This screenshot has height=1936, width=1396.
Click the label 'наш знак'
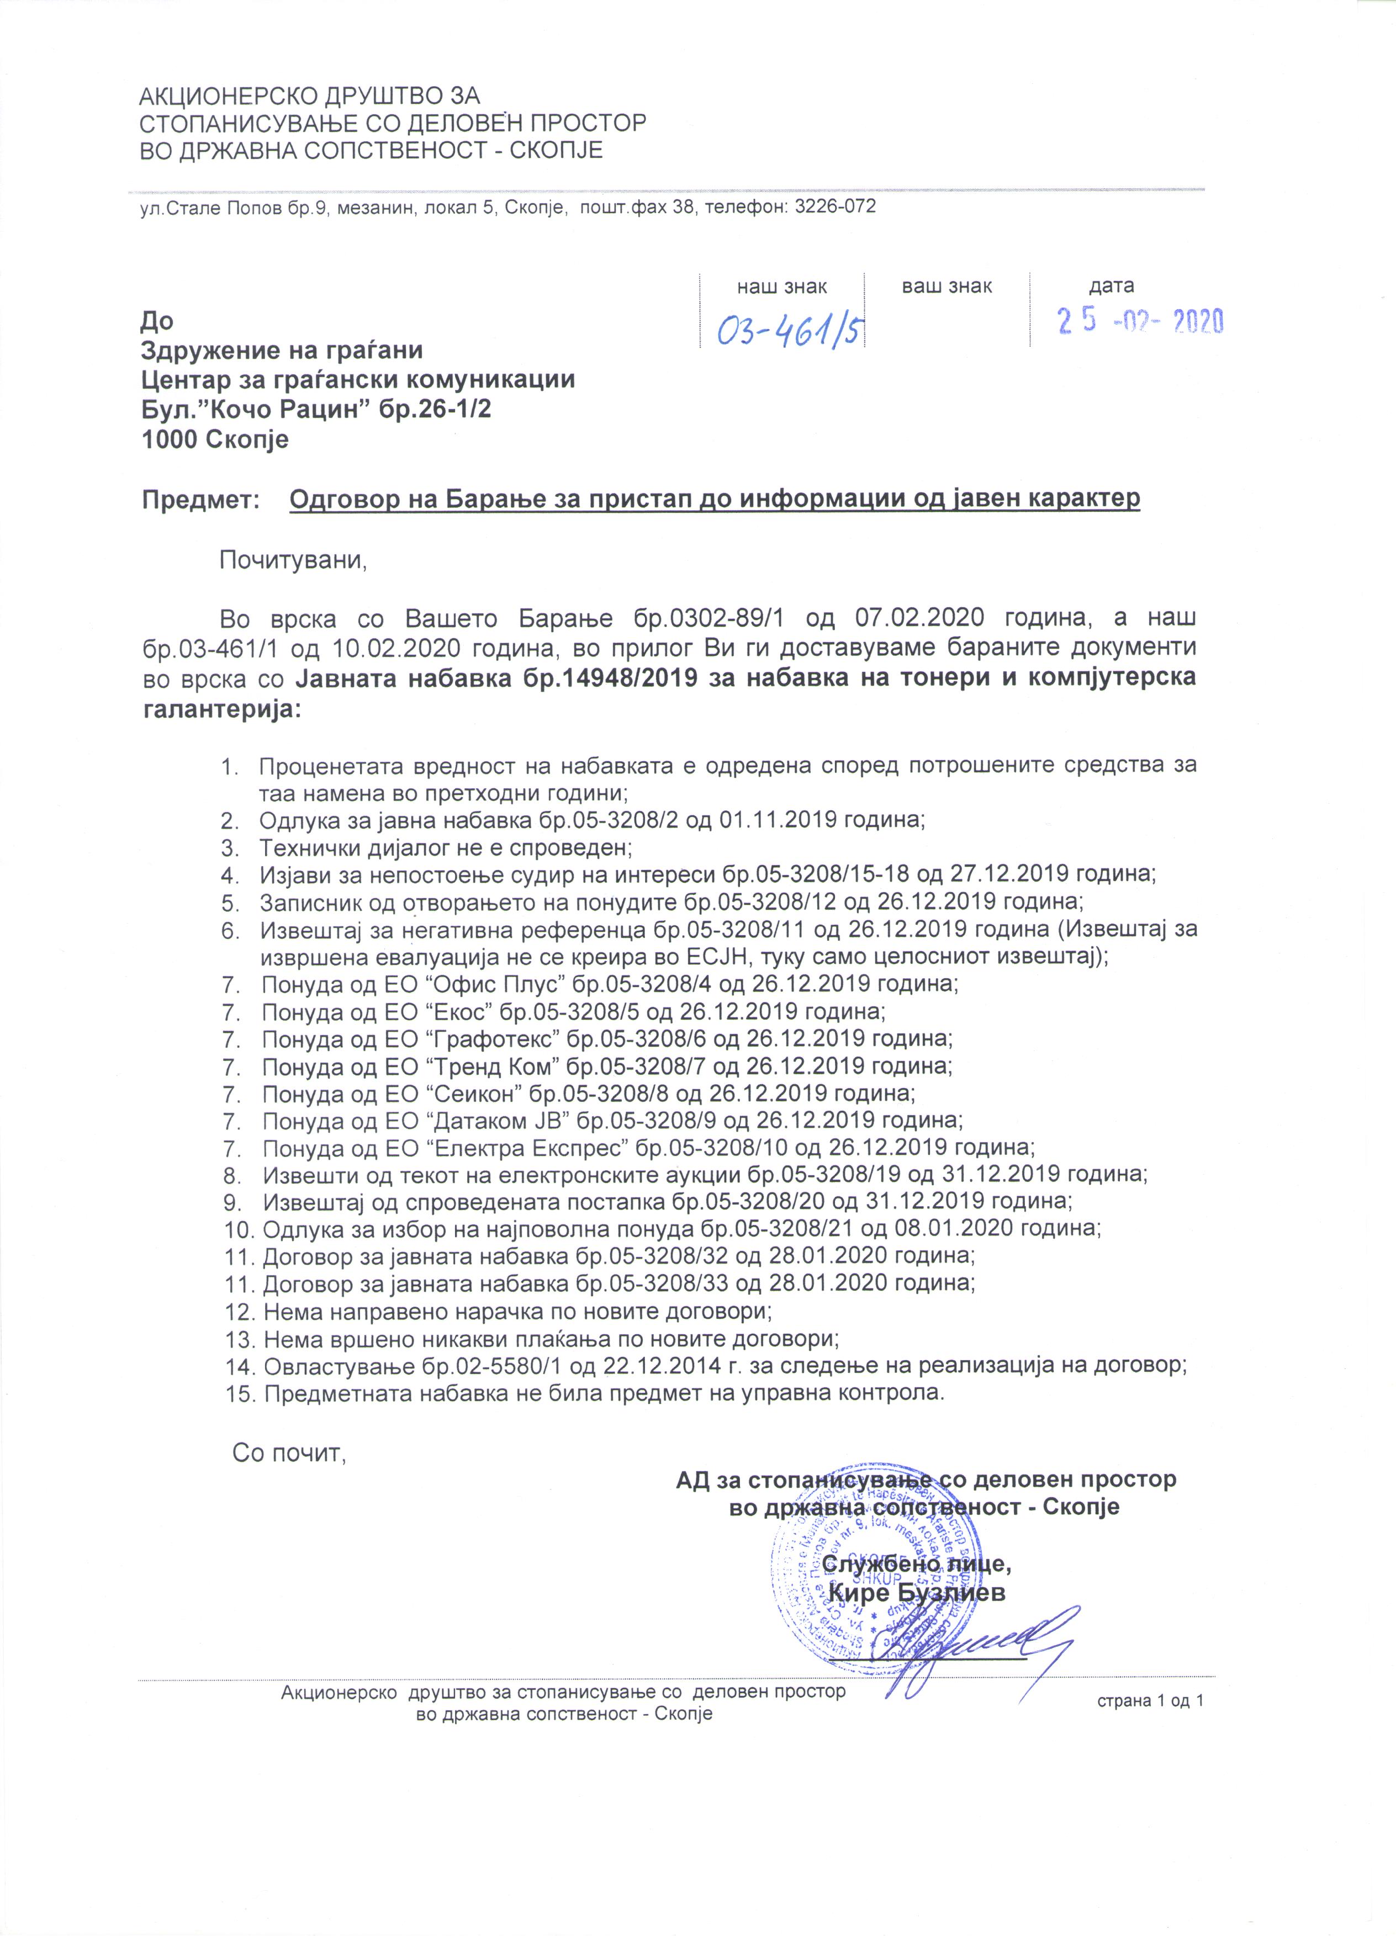point(781,287)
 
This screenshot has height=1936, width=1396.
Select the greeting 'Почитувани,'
point(293,561)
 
